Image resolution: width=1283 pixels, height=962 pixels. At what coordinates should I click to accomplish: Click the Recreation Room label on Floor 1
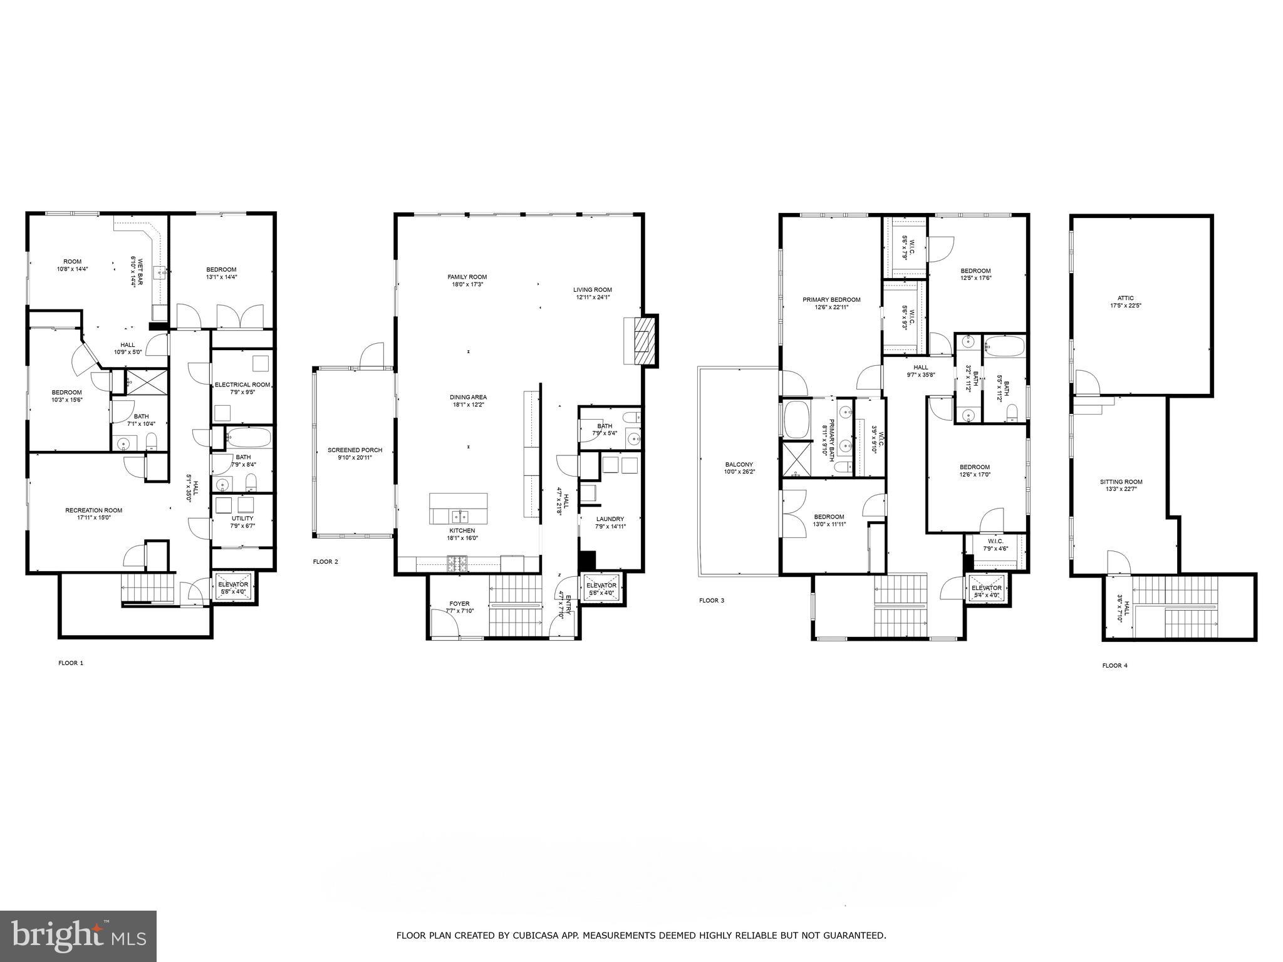pos(93,510)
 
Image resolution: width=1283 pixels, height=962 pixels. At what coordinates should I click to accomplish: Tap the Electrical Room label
pos(242,385)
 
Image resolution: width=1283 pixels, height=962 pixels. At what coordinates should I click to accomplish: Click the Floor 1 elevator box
pos(233,588)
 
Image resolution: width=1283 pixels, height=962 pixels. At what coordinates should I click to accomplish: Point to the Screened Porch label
pos(355,450)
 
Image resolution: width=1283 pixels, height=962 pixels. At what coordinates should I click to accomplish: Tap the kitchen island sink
pos(460,516)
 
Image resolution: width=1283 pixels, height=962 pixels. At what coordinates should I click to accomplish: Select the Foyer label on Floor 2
pos(459,604)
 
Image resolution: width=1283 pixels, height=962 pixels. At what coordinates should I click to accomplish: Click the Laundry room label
pos(610,519)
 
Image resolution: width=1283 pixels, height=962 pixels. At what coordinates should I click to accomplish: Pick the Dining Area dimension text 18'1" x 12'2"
pos(467,405)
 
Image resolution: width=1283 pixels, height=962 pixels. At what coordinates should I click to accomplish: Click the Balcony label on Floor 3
pos(739,465)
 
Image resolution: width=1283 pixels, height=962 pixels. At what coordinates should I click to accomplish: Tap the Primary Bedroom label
pos(831,300)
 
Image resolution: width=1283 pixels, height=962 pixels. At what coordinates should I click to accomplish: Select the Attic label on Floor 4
pos(1125,299)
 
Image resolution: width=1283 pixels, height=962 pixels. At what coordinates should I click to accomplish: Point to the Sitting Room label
pos(1121,482)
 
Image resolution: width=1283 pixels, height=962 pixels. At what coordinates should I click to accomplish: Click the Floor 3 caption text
pos(711,601)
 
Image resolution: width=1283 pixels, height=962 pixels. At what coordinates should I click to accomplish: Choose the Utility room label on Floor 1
pos(242,518)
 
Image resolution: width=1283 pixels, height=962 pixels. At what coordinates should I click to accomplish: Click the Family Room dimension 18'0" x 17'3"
pos(467,284)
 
